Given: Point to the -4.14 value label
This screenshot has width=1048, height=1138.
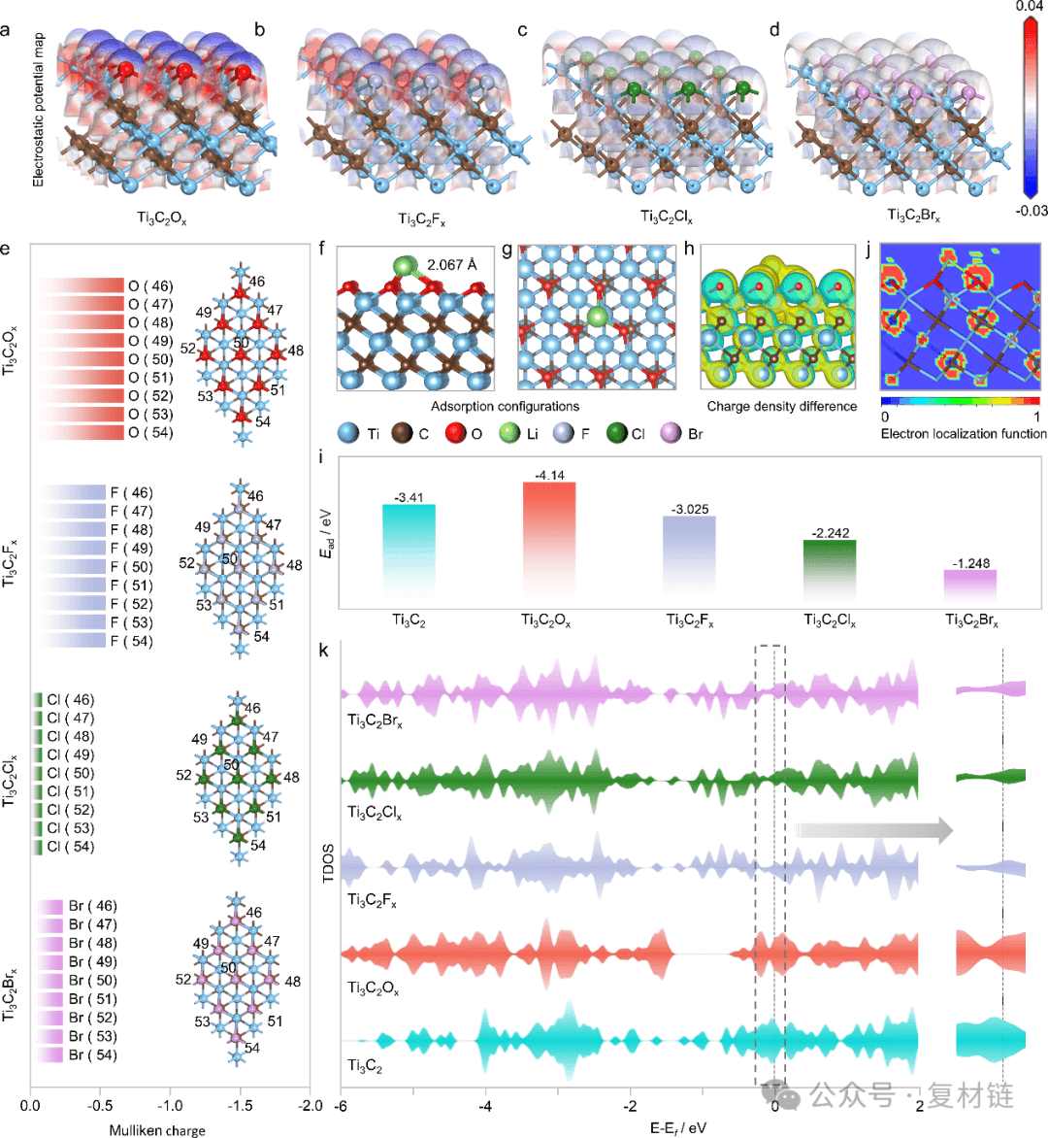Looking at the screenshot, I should tap(548, 476).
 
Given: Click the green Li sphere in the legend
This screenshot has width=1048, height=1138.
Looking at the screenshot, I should tap(508, 433).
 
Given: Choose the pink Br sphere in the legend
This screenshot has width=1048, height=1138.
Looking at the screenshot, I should tap(670, 433).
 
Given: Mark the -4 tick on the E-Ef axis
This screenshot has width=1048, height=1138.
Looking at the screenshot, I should tap(486, 1106).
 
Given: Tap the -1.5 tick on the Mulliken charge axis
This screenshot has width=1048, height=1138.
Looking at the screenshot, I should tap(240, 1106).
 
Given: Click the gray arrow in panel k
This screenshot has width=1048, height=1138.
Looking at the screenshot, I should tap(873, 830).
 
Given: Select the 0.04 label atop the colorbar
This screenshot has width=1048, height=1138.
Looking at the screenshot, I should tap(1030, 7).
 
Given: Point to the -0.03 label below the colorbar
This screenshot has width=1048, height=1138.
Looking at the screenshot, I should tap(1031, 211).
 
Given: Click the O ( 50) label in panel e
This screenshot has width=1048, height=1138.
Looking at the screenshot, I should tap(149, 359).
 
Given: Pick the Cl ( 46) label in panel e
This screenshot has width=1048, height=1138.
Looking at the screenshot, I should tap(71, 700).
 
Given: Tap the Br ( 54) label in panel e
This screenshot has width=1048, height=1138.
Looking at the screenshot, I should tap(92, 1054).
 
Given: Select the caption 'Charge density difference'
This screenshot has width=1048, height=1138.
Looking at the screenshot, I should tap(781, 406).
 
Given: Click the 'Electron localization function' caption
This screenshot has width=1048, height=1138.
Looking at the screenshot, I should tap(963, 433).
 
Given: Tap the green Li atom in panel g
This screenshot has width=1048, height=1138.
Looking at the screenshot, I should tap(598, 316).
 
